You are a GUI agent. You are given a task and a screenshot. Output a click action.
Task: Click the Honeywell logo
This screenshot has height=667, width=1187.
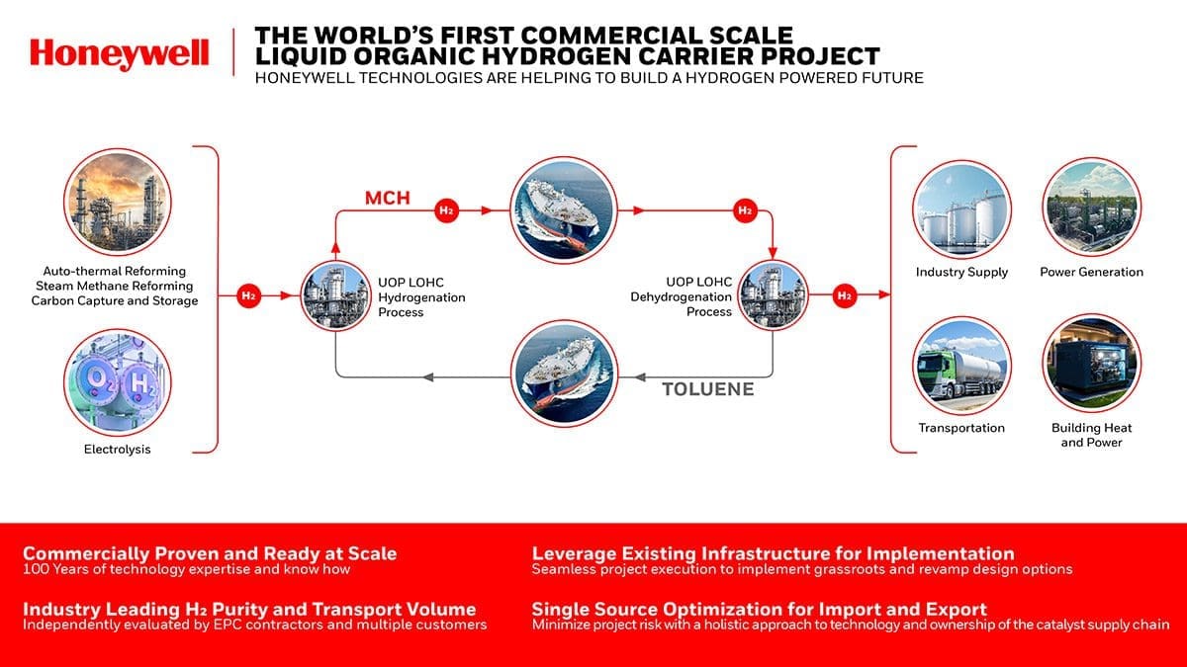click(120, 53)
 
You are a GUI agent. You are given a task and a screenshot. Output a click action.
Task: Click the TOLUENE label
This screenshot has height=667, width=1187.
click(707, 389)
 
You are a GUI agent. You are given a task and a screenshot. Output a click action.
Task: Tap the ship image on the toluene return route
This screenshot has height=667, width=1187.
click(562, 375)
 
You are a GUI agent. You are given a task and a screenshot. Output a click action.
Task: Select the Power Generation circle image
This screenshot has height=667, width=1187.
click(1091, 209)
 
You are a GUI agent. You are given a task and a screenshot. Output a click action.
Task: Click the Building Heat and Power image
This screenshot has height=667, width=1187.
click(1091, 365)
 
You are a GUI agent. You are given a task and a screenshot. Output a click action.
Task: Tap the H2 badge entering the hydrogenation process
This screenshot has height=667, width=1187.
click(249, 294)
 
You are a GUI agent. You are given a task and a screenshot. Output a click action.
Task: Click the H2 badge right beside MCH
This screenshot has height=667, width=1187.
click(447, 209)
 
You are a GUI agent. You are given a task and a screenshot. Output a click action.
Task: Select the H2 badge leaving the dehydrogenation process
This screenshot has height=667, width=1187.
click(845, 294)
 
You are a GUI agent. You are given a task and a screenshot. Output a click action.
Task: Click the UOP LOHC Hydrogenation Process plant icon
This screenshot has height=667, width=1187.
click(335, 294)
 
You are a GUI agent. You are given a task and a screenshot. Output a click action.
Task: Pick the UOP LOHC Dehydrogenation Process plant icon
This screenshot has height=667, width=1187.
click(772, 294)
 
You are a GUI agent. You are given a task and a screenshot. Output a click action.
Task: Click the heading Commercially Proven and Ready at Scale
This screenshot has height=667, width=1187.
click(210, 553)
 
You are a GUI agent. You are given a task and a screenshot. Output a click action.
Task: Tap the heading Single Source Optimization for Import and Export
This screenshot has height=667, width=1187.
click(760, 609)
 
